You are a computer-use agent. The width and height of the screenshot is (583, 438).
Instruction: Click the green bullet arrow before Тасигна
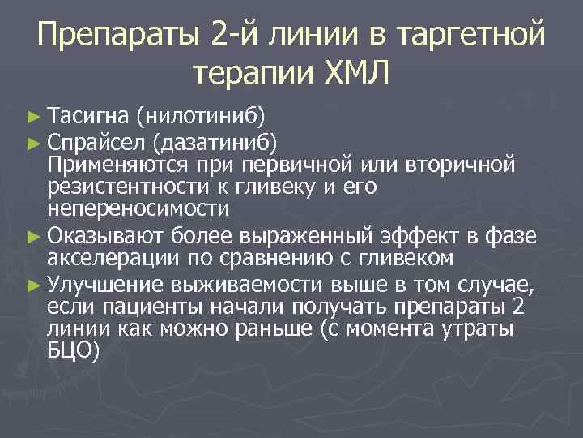click(x=33, y=118)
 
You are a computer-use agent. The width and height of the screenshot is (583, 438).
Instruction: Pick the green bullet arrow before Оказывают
click(x=33, y=237)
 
